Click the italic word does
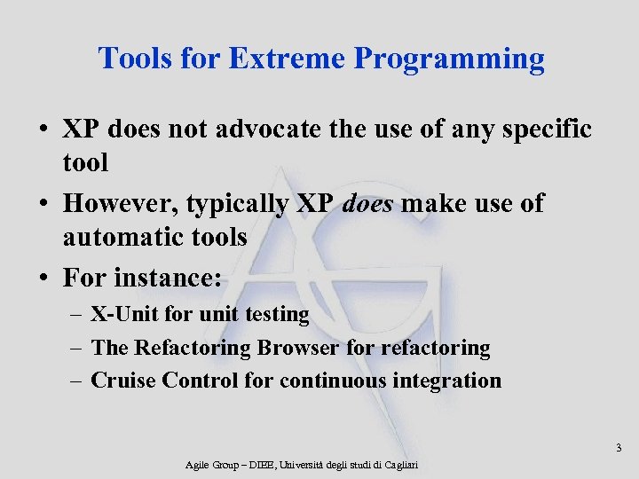(367, 204)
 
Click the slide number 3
(619, 448)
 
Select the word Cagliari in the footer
(397, 465)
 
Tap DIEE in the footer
(261, 465)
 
